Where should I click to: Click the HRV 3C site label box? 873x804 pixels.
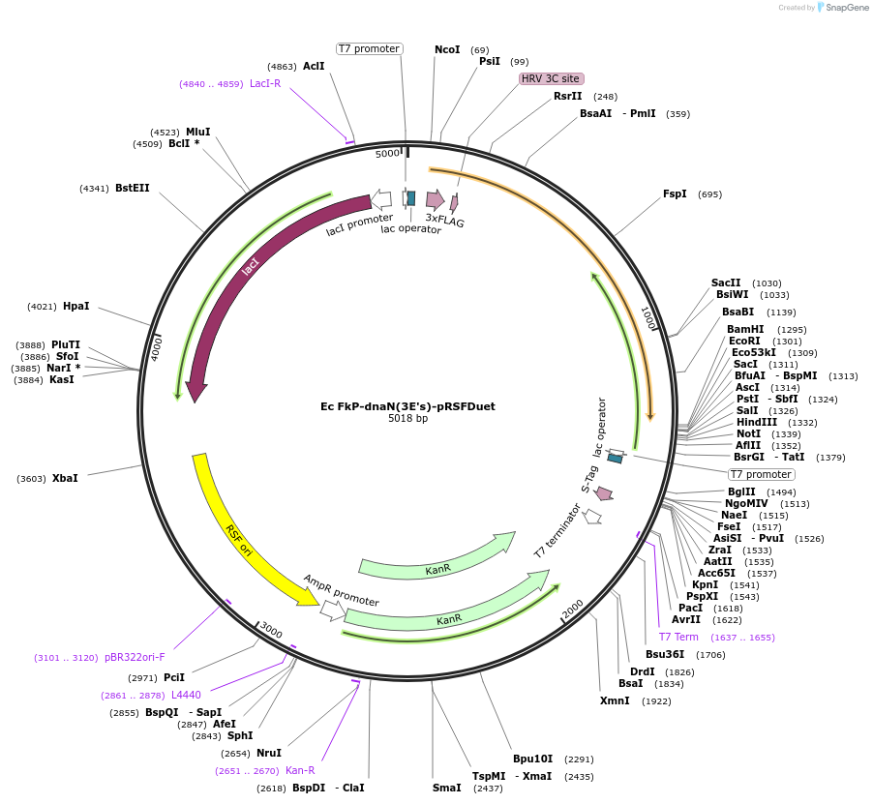[x=552, y=78]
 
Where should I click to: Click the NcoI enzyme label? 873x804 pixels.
[x=447, y=49]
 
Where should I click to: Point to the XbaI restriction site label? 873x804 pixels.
[x=65, y=478]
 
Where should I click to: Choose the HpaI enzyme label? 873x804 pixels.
[x=75, y=306]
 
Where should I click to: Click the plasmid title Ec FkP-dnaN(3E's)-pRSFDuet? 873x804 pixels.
[x=407, y=406]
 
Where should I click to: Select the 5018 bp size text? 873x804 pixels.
[x=407, y=419]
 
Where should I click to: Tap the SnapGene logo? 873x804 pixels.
[x=838, y=8]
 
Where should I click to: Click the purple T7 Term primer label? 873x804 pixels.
[x=678, y=637]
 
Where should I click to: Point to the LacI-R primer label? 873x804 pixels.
[x=265, y=83]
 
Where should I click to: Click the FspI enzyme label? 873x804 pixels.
[x=675, y=194]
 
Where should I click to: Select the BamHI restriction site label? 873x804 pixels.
[x=745, y=329]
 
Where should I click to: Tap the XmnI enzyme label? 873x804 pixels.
[x=615, y=700]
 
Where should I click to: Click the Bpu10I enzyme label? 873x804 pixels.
[x=533, y=759]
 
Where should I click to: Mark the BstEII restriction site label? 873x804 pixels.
[x=133, y=188]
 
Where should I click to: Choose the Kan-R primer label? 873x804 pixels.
[x=300, y=770]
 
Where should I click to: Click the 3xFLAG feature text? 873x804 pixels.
[x=445, y=221]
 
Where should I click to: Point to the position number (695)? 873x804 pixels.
[x=709, y=194]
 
